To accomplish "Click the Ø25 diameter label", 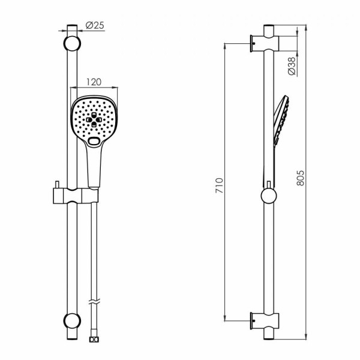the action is (95, 25).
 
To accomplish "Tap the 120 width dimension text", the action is (94, 82).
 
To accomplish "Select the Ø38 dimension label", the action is (292, 66).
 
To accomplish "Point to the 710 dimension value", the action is (219, 185).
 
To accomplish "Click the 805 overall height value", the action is (301, 178).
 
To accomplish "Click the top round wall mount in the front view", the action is (72, 43).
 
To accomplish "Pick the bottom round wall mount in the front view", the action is (72, 321).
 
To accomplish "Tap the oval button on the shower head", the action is (94, 141).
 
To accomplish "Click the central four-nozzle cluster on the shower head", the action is (94, 119).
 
